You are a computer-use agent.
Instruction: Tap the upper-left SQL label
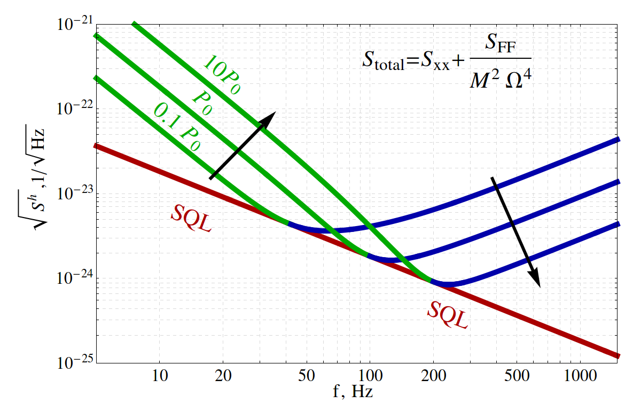pos(191,219)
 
